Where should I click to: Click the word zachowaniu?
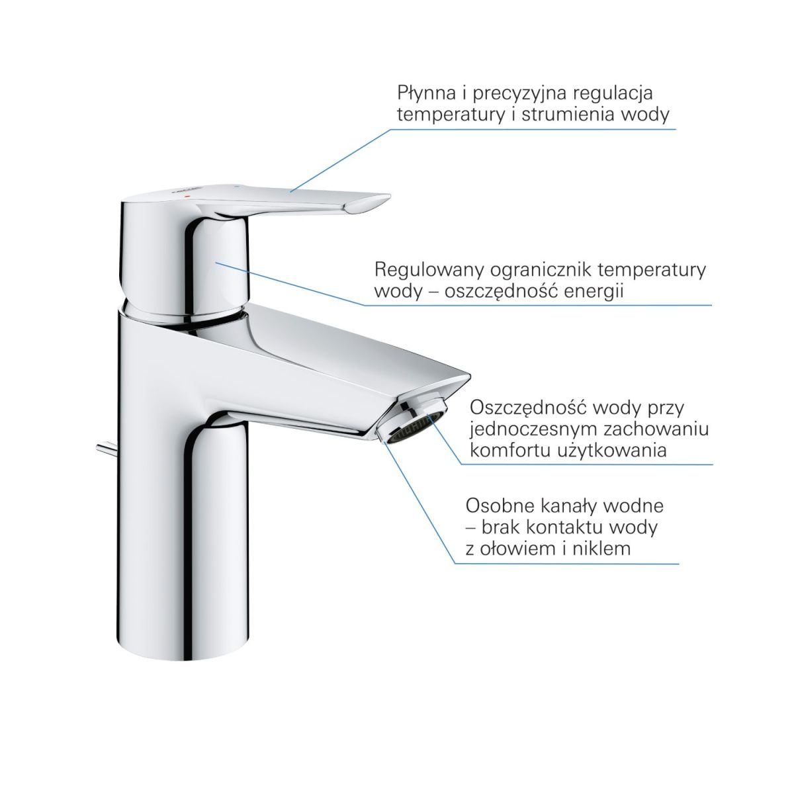click(656, 430)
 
